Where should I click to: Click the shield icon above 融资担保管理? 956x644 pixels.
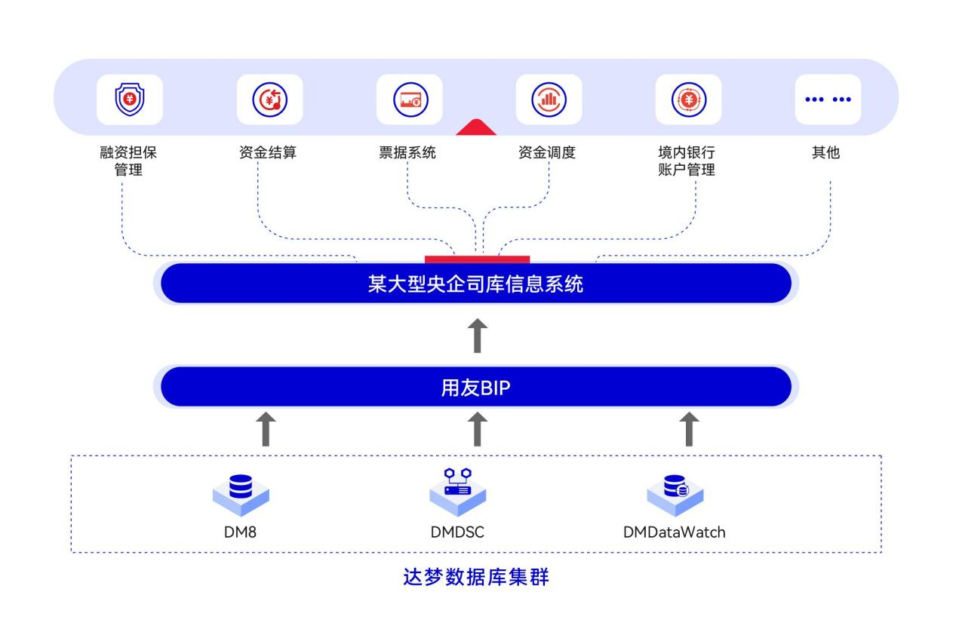129,100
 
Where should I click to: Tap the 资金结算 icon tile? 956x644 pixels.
269,100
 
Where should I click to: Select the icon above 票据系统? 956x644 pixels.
409,100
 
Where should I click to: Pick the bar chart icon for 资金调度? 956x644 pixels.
549,100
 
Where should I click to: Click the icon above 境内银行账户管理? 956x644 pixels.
687,100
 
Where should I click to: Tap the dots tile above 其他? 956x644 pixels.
827,100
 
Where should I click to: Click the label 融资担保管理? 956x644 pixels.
129,161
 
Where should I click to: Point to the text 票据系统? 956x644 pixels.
407,153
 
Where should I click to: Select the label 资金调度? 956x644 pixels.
547,153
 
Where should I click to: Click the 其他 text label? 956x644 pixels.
825,153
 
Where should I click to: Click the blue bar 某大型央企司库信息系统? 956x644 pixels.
475,284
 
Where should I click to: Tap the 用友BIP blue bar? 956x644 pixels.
475,388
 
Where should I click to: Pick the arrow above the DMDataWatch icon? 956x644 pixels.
688,429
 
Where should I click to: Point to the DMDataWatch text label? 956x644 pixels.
674,532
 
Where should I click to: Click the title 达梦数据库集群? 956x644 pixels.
475,578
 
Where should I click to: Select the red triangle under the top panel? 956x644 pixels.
475,127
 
